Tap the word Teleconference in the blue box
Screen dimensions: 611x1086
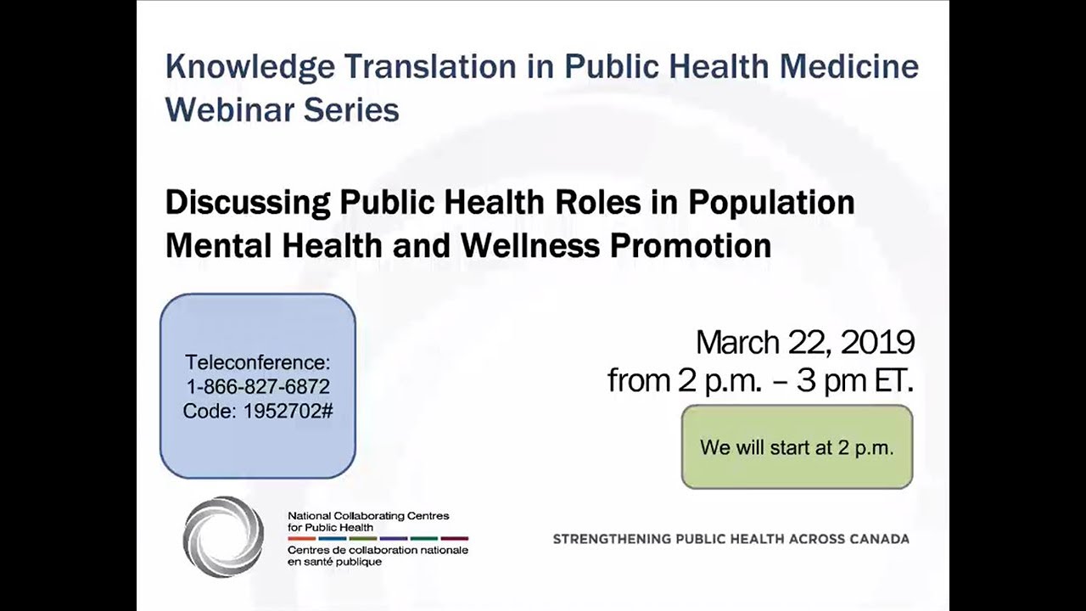tap(257, 362)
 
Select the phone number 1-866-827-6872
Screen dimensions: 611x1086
tap(257, 387)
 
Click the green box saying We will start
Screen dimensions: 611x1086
tap(797, 447)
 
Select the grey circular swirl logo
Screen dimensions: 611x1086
tap(223, 536)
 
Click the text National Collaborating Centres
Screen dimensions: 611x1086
tap(368, 516)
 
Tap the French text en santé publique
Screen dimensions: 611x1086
tap(334, 562)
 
